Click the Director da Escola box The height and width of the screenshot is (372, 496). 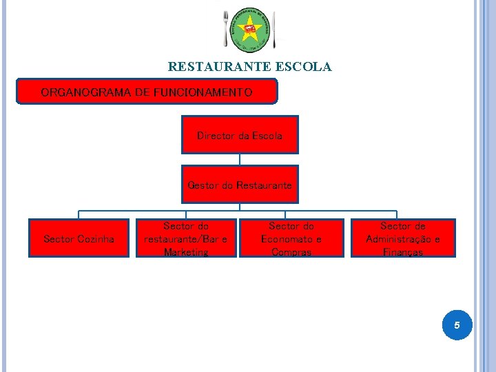(x=239, y=135)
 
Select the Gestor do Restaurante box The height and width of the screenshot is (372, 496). (x=239, y=185)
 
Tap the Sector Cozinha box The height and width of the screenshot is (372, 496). (x=79, y=238)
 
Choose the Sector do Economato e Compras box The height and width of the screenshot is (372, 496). (x=291, y=238)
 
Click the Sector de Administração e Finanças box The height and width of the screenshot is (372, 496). (x=403, y=238)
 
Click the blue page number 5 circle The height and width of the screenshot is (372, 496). (x=457, y=324)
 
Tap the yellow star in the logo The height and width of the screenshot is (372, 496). (x=249, y=30)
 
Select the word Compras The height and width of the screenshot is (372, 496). (x=291, y=252)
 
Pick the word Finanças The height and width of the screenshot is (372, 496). (x=403, y=252)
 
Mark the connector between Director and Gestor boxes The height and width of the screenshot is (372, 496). (x=239, y=160)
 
